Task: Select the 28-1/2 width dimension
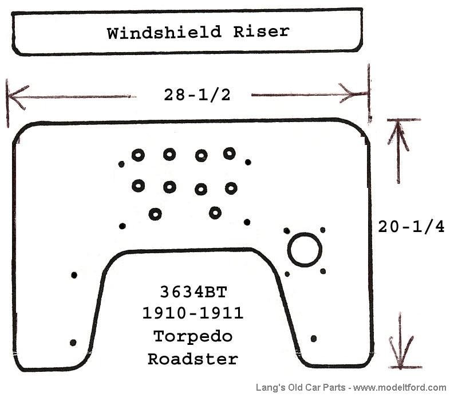click(197, 95)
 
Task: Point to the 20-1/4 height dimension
click(411, 227)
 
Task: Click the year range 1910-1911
click(194, 314)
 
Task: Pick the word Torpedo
click(194, 336)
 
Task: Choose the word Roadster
click(193, 359)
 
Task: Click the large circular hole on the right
click(305, 250)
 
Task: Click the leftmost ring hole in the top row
click(138, 155)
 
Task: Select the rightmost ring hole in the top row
click(230, 153)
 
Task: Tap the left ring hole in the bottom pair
click(155, 214)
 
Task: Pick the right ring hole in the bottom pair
click(215, 213)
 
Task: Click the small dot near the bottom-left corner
click(73, 343)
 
